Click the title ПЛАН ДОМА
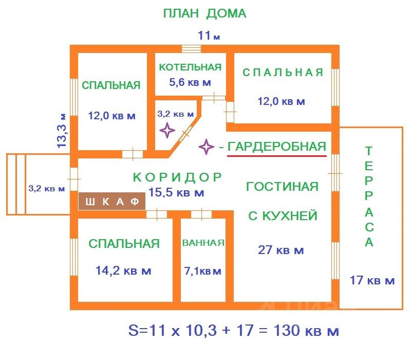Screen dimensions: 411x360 [204, 14]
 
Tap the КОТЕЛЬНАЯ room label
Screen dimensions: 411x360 [190, 67]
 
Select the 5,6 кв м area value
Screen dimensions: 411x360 [190, 82]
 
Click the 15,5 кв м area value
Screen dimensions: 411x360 [176, 193]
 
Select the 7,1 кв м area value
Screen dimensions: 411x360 [203, 271]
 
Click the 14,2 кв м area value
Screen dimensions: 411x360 [123, 271]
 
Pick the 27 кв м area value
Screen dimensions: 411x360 [281, 250]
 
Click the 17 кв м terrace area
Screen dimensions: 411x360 [372, 281]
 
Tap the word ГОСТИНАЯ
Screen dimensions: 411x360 [282, 187]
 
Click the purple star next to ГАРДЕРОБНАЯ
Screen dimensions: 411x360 [207, 148]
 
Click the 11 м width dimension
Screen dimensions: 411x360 [209, 36]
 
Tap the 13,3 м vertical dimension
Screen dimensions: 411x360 [62, 131]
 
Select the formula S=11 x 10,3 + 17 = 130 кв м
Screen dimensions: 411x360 [233, 331]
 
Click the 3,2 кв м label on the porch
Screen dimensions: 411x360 [47, 188]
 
